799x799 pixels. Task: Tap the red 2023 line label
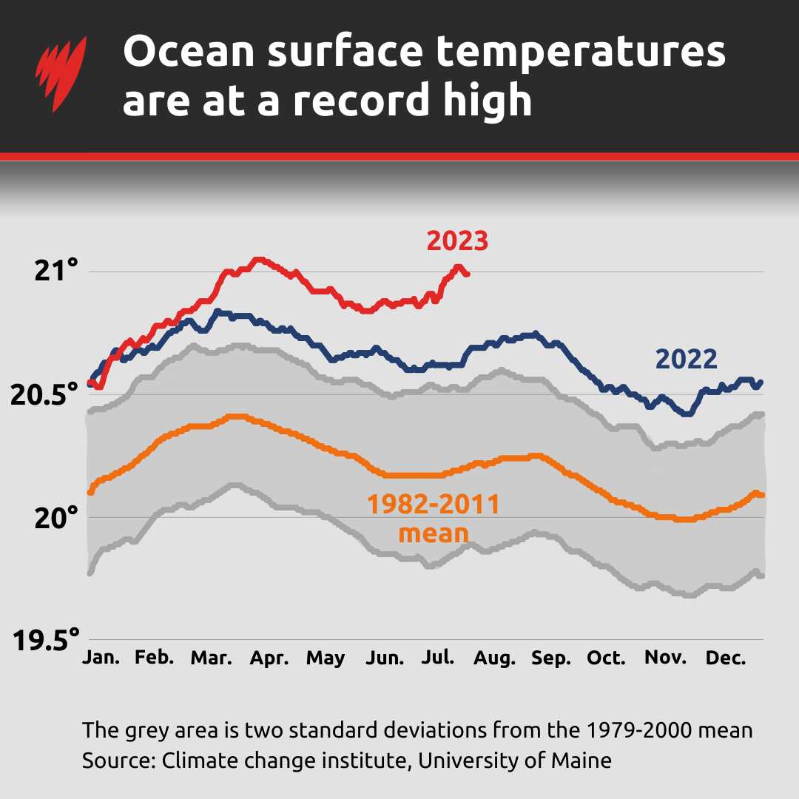[457, 241]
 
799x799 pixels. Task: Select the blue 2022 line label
[686, 360]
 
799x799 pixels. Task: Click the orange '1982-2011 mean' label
[434, 519]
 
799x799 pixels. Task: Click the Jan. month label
[101, 658]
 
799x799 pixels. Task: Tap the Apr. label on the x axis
[269, 658]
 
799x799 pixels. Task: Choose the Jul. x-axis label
[437, 658]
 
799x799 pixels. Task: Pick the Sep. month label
[551, 658]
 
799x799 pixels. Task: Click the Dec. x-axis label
[726, 658]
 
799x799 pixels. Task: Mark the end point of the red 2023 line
[467, 274]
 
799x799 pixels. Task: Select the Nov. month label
[667, 658]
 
